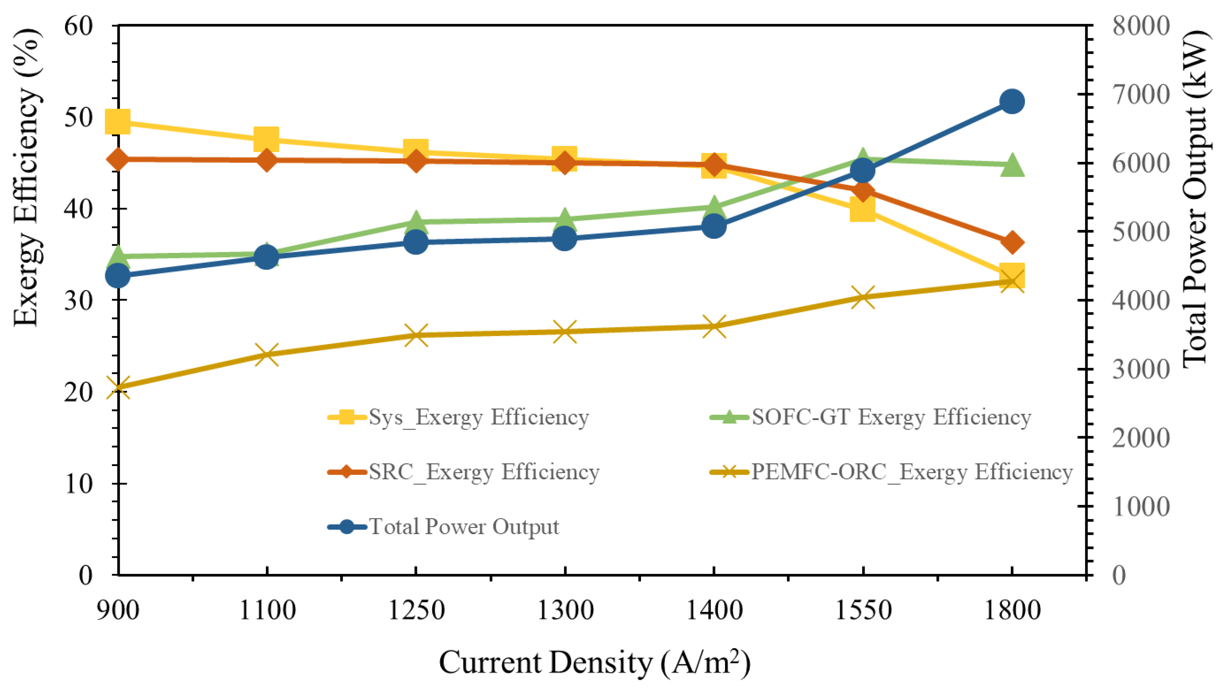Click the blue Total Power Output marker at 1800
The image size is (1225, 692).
coord(1011,101)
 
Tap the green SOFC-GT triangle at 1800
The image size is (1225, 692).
coord(1011,165)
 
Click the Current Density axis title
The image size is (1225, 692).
coord(594,663)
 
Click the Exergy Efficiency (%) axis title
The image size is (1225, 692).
coord(26,178)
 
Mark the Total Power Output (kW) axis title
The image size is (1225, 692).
coord(1195,200)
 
